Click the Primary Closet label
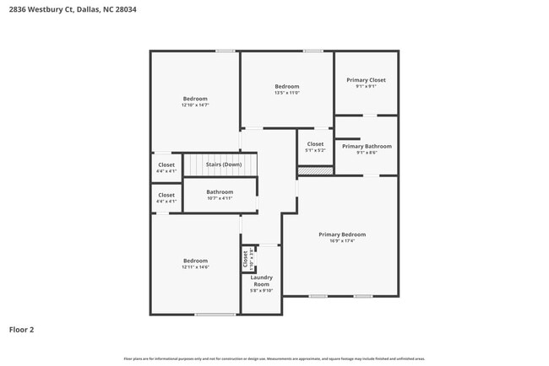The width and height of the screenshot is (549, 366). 366,80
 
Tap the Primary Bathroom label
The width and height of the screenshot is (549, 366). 366,146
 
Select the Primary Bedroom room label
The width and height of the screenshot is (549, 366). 342,234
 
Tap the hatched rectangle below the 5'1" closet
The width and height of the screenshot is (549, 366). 315,170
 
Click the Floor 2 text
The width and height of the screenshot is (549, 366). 21,330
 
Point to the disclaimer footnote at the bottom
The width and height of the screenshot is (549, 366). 274,358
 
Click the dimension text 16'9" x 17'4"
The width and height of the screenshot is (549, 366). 342,240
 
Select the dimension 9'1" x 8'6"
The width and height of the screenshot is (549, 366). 366,153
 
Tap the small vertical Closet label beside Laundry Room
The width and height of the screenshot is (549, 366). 246,257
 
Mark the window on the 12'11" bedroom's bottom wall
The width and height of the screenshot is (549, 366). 215,315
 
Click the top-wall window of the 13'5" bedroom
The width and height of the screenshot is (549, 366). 313,51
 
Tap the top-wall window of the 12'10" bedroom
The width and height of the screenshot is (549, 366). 225,51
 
